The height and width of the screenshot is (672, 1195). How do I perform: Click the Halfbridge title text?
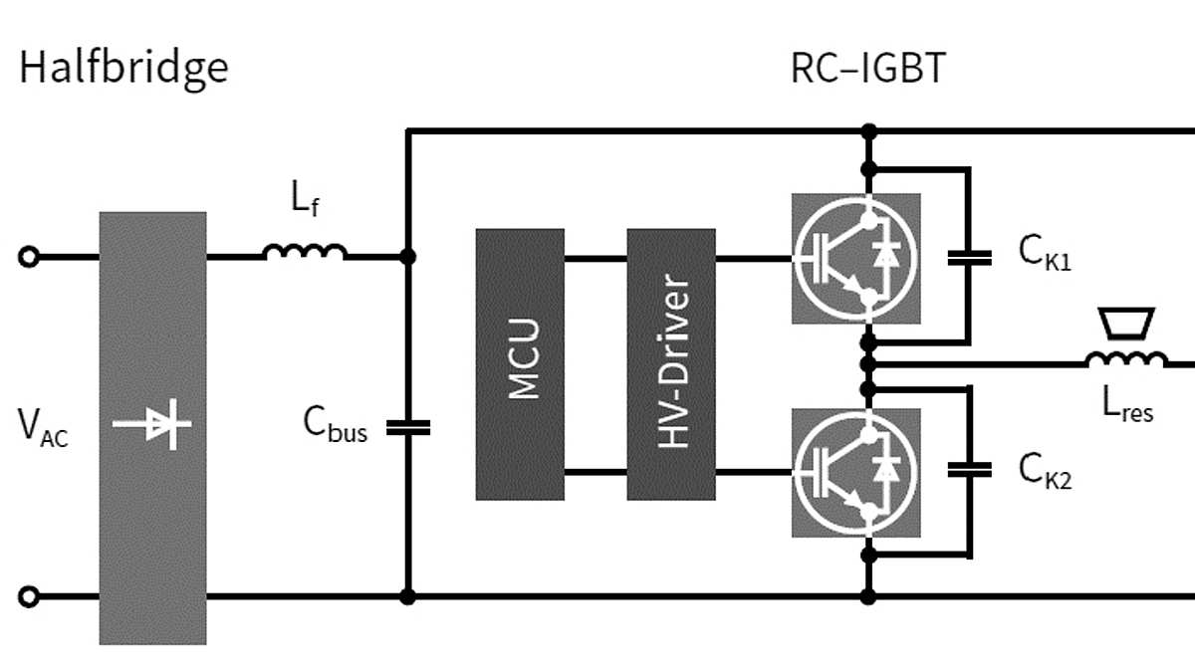[123, 68]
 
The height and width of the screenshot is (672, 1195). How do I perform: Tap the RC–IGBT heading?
[866, 68]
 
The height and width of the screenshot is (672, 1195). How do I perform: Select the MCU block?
[520, 363]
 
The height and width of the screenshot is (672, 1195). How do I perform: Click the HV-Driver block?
[671, 363]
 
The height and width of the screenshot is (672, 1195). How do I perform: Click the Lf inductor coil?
[306, 252]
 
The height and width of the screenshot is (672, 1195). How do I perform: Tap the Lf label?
[305, 200]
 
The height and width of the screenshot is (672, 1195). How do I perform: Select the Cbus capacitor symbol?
[407, 427]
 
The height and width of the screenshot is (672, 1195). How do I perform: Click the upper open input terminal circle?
[30, 257]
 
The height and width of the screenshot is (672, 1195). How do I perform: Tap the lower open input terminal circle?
[30, 596]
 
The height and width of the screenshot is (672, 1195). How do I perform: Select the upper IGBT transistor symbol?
[855, 258]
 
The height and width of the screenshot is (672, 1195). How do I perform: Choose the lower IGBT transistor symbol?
[855, 468]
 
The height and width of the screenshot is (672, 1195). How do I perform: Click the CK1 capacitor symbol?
[969, 258]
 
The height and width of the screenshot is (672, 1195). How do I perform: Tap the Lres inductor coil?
[1126, 359]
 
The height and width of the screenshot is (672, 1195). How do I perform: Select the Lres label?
[1127, 403]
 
